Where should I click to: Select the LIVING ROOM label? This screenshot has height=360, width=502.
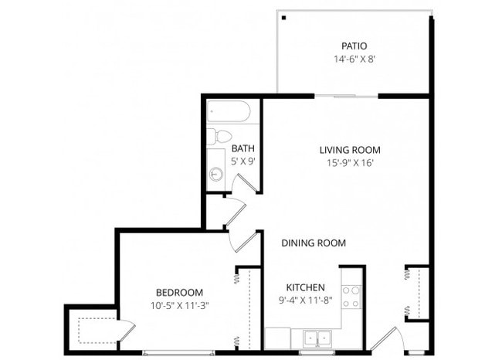(x=350, y=150)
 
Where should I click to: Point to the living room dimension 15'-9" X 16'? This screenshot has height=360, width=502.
(x=350, y=163)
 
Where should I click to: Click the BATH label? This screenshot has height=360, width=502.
(x=243, y=149)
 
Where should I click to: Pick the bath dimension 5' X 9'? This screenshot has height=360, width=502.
(x=243, y=161)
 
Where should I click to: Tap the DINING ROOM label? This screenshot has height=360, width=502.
(x=313, y=243)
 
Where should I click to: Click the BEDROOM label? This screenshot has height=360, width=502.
(x=179, y=292)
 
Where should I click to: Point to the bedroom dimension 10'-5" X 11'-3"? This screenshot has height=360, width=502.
(x=179, y=304)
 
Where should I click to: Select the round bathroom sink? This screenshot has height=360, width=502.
(x=215, y=174)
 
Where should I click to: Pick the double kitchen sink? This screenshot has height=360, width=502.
(x=315, y=338)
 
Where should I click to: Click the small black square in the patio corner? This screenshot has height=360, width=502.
(x=284, y=17)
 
